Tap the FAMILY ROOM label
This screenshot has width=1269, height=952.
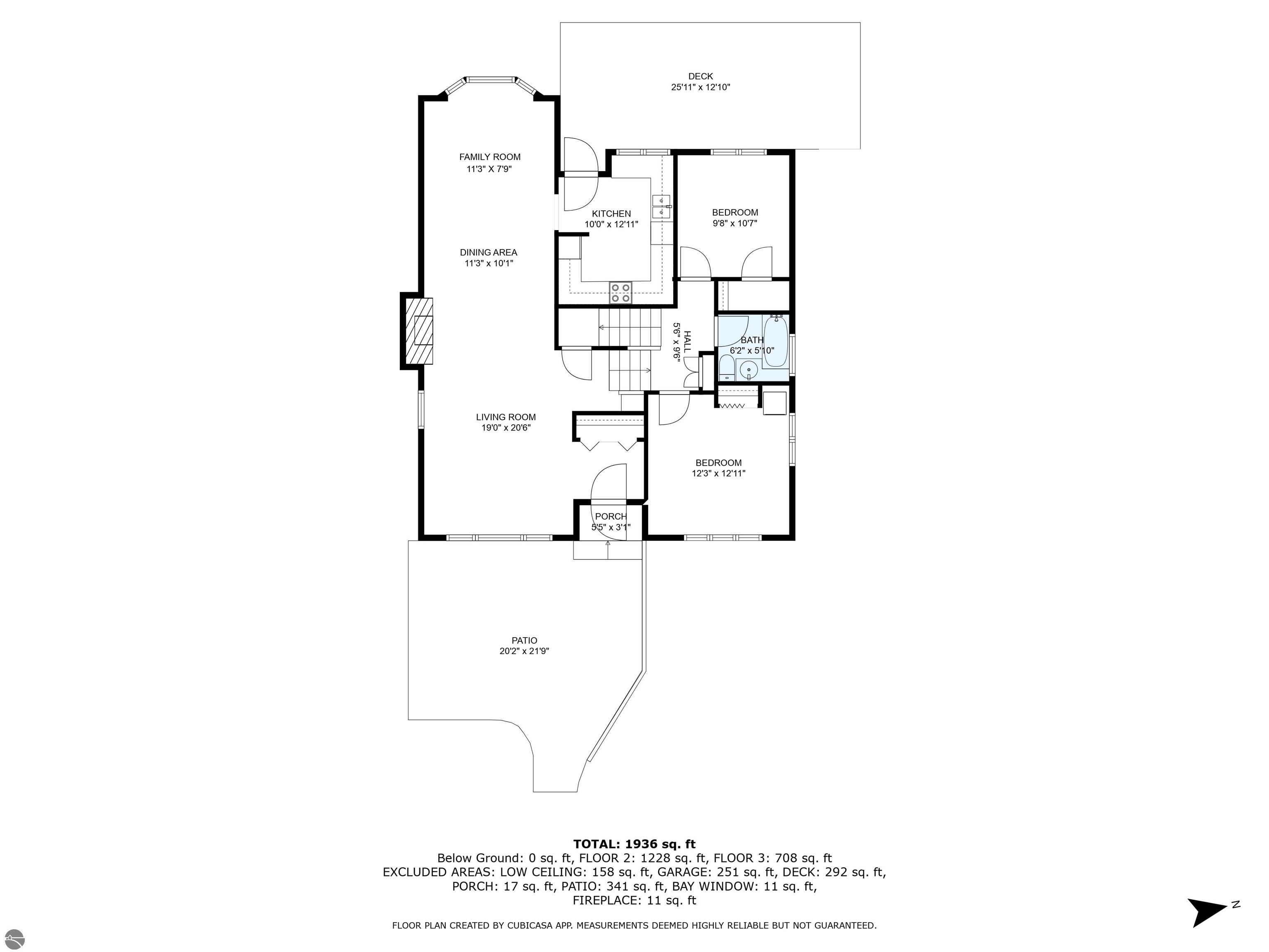point(490,157)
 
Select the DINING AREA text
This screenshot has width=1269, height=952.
point(488,252)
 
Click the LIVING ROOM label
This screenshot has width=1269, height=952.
point(506,417)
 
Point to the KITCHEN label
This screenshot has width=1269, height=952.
point(611,214)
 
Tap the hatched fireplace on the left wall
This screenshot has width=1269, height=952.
point(419,331)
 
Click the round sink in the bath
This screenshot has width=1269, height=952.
point(749,370)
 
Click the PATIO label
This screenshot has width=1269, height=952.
point(524,640)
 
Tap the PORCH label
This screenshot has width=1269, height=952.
point(611,516)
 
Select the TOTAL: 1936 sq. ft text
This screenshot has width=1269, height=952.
point(634,844)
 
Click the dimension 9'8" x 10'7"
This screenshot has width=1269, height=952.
point(735,223)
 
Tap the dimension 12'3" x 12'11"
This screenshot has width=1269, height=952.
point(718,474)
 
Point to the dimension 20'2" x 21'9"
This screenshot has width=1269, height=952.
point(524,651)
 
